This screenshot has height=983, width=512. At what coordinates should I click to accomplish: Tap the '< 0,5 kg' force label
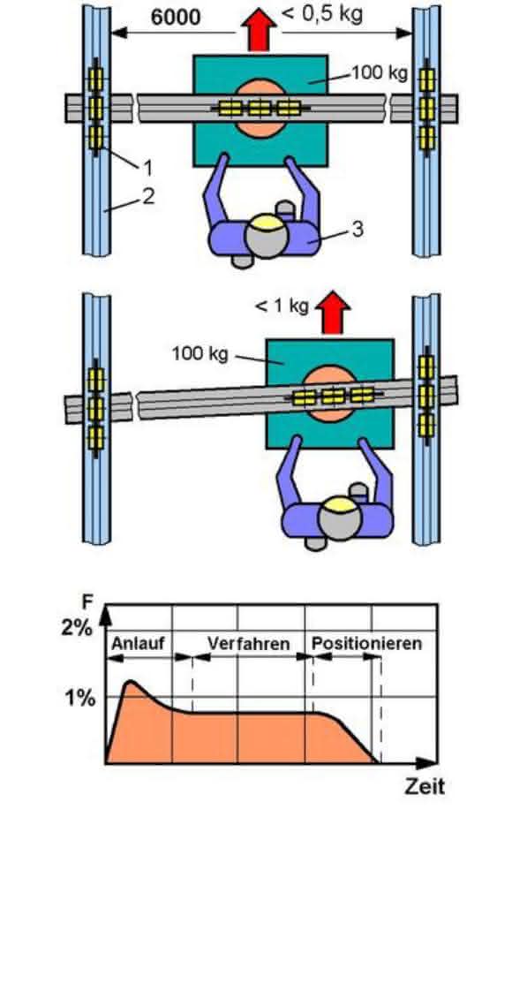tap(322, 14)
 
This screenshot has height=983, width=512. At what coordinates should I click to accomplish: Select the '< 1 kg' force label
tap(282, 306)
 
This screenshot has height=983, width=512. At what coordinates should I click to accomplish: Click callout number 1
tap(147, 167)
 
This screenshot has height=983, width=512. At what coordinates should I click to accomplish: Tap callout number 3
tap(358, 229)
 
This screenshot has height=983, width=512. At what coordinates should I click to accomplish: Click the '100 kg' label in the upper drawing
tap(380, 73)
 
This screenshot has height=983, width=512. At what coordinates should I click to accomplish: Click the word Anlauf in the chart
tap(134, 644)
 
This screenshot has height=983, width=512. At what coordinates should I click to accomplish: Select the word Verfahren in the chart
tap(249, 644)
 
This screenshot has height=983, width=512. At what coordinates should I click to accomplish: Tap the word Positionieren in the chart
tap(366, 644)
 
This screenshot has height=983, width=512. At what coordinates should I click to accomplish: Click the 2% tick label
tap(77, 628)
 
